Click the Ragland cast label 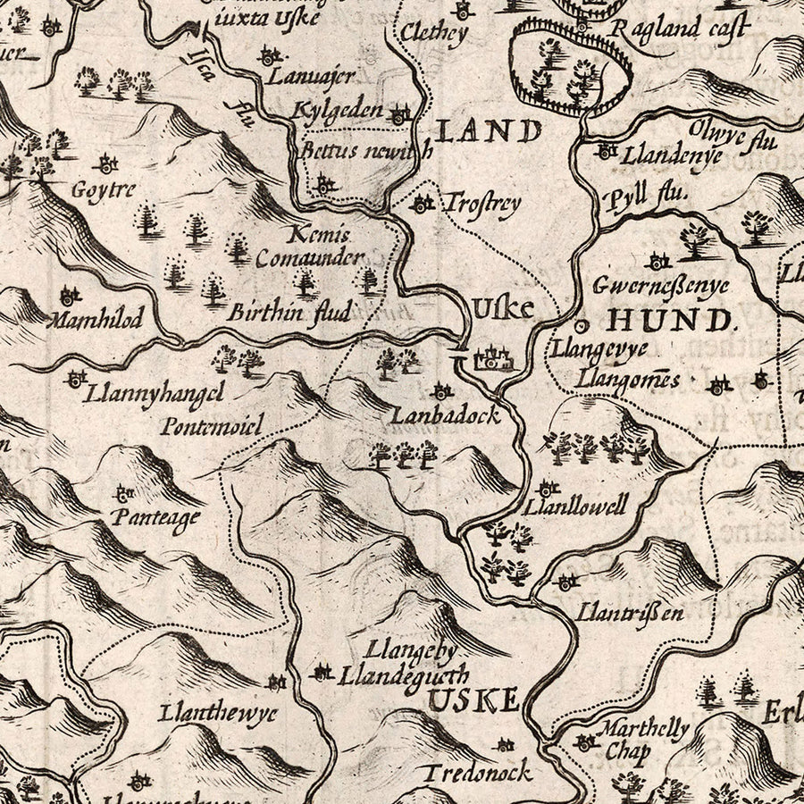tap(679, 29)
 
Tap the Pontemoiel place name tap(212, 426)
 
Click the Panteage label tap(156, 517)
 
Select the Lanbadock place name tap(443, 416)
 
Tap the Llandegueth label tap(404, 676)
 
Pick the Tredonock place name tap(477, 772)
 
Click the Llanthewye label tap(218, 714)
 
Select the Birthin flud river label tap(288, 313)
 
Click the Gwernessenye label tap(662, 286)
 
